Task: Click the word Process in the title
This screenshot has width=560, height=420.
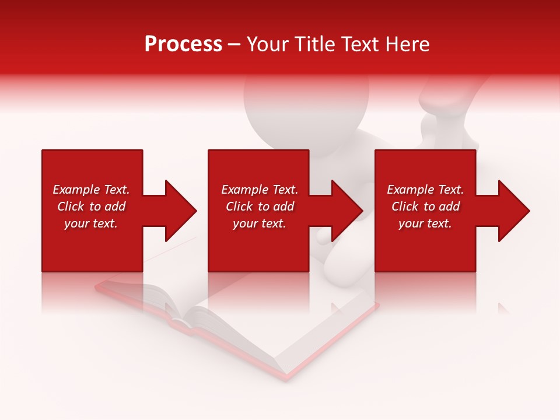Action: click(183, 44)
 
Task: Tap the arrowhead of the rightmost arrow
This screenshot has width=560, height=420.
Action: click(513, 211)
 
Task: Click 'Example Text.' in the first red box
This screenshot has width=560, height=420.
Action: click(91, 190)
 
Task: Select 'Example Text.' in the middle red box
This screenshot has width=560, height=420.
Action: click(260, 190)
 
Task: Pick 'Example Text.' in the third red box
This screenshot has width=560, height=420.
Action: click(425, 190)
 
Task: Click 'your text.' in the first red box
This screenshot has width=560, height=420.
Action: click(91, 223)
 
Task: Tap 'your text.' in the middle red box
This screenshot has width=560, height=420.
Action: click(260, 223)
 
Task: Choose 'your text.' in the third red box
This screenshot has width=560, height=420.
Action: click(425, 223)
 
